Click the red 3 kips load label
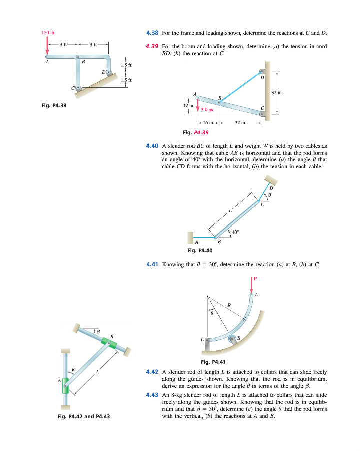tap(207, 109)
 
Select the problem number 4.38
tap(152, 33)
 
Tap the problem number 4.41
tap(152, 264)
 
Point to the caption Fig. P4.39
tap(196, 133)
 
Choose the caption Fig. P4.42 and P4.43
tap(83, 417)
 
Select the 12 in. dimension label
tap(188, 106)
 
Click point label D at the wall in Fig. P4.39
tap(262, 77)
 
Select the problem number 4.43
tap(152, 395)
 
